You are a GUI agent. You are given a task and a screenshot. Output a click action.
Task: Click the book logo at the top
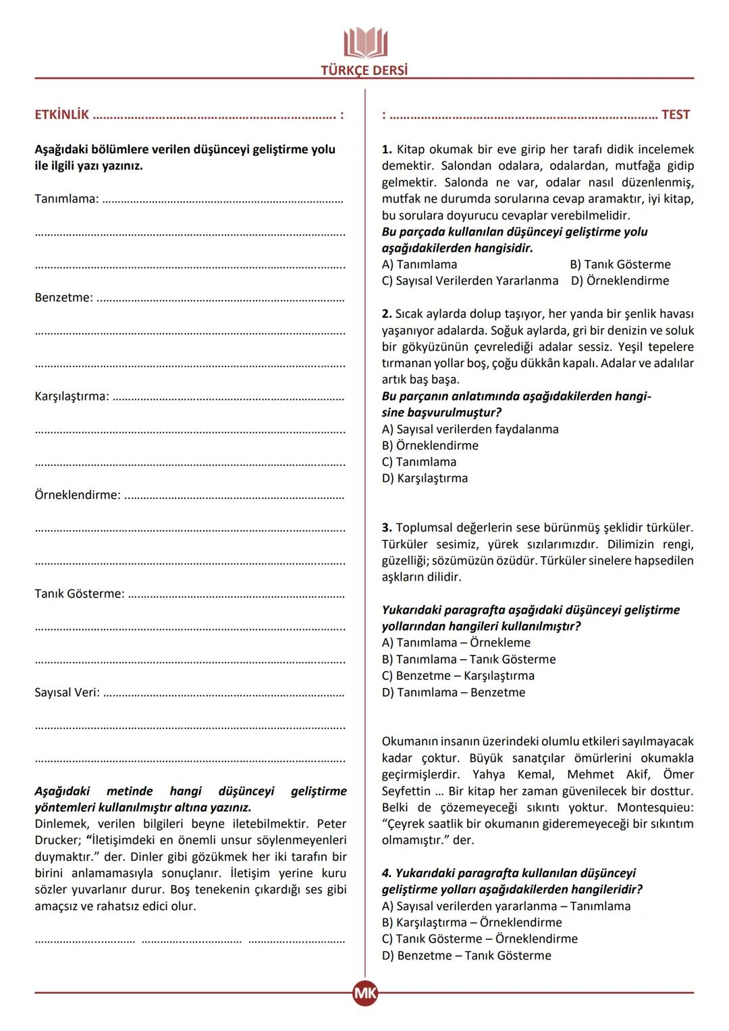point(365,43)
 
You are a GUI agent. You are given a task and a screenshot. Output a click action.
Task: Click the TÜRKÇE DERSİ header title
point(364,70)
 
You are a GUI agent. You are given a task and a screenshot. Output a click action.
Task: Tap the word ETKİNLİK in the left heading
point(62,115)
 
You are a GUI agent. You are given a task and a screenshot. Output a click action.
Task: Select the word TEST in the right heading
point(676,115)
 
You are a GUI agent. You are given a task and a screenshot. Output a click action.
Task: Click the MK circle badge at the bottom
point(365,993)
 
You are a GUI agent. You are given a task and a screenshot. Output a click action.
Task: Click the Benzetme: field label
point(64,298)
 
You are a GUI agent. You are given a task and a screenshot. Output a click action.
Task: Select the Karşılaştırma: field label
point(72,396)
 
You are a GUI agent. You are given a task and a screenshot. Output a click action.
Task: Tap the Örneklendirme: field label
point(78,495)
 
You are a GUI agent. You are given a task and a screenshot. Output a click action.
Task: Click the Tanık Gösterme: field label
point(80,594)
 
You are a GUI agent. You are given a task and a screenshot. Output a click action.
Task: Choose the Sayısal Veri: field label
point(67,693)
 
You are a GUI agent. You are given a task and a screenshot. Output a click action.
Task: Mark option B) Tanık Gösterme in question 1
point(620,265)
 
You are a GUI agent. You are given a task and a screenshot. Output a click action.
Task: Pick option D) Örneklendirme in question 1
point(620,281)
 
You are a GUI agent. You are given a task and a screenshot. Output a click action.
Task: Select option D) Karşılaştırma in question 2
point(425,479)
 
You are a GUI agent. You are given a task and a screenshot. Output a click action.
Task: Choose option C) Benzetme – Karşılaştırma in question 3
point(458,676)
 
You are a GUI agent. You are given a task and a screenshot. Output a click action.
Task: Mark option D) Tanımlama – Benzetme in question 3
point(453,693)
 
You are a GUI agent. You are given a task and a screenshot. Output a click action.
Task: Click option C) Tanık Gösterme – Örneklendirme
point(479,939)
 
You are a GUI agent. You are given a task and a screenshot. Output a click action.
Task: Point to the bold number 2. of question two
point(387,314)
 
